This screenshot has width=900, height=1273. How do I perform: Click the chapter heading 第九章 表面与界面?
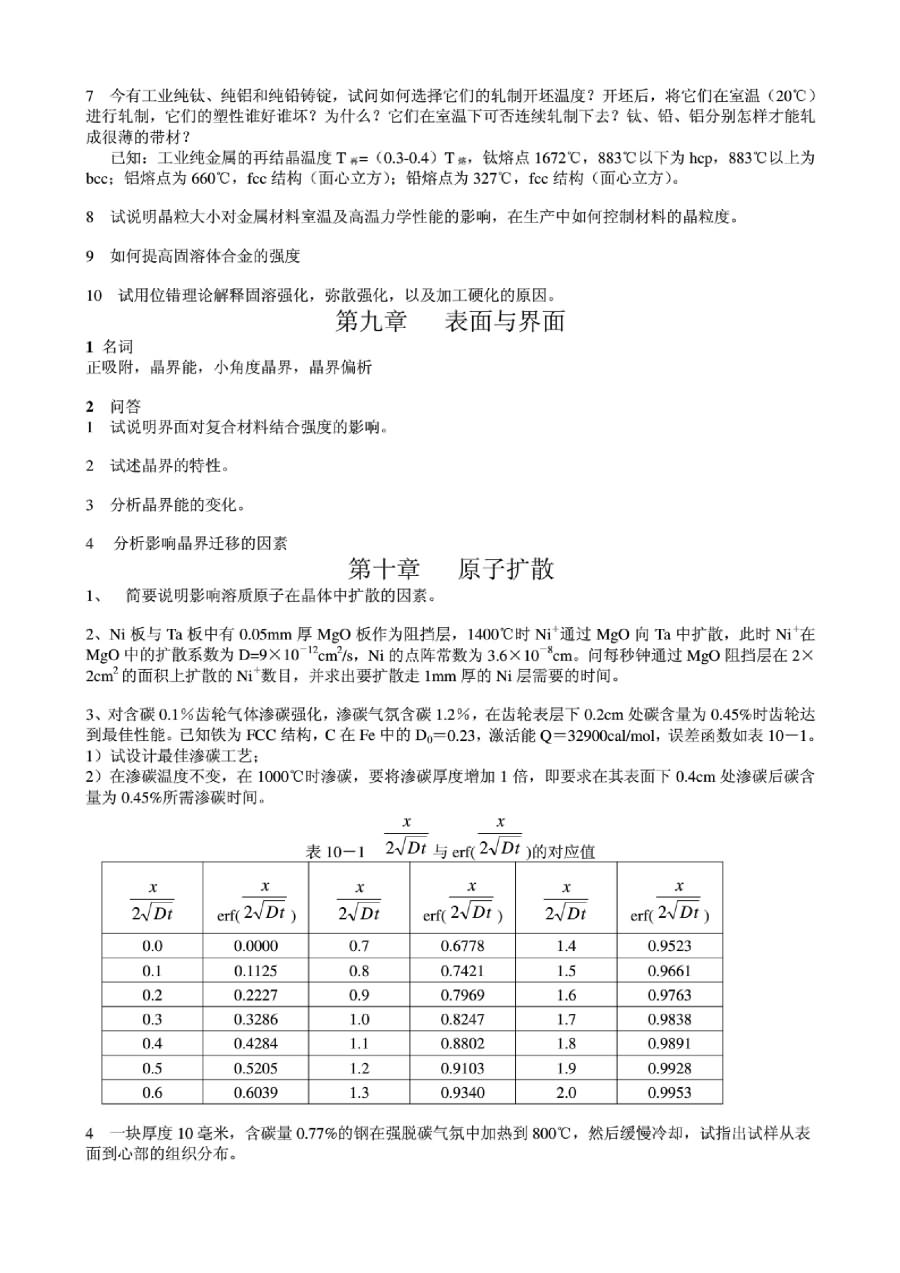pos(450,321)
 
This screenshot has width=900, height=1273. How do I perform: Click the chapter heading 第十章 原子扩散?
pos(450,569)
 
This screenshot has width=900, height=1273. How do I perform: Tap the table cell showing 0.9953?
pos(669,1092)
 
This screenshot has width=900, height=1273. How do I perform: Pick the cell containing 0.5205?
pos(256,1068)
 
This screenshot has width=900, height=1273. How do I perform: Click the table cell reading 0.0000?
pos(256,946)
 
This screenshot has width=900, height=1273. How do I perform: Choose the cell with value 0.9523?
pos(669,946)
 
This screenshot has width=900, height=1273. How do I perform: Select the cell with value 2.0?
pos(566,1092)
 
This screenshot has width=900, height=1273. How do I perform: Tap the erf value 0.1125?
pos(256,970)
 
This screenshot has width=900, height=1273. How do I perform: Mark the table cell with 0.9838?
pos(669,1019)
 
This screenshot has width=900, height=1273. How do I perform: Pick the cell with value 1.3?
pos(360,1092)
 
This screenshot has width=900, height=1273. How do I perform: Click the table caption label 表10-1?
pos(336,852)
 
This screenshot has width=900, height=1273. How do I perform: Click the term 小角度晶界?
pos(256,367)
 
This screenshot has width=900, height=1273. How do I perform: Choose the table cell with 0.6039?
pos(256,1092)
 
